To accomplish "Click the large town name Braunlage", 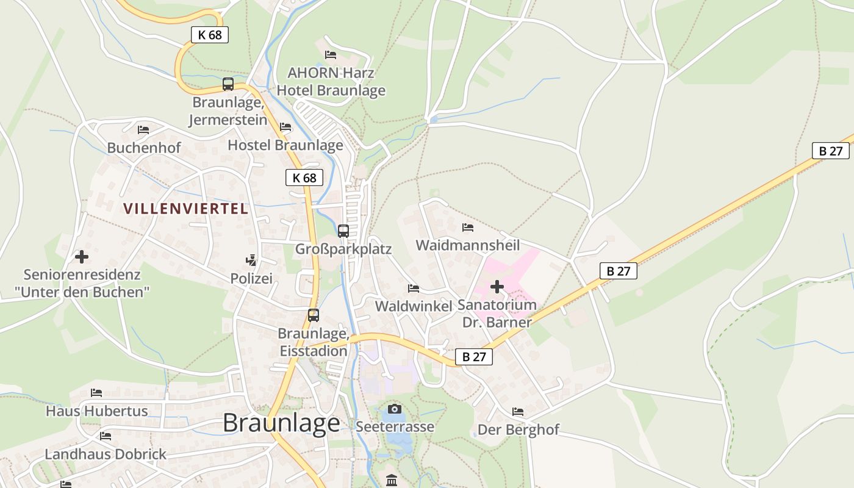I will tap(281, 423).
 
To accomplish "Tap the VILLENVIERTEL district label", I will tap(186, 209).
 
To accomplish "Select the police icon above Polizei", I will tap(251, 260).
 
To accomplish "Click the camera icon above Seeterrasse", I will tap(395, 409).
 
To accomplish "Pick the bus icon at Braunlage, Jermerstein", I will tap(228, 84).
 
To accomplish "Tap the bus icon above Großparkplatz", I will tap(343, 231).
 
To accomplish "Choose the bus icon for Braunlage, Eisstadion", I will tap(314, 315).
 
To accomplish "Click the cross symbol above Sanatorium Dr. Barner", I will tap(497, 286).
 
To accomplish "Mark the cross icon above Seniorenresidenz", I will tap(82, 257).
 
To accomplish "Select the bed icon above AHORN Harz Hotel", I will tap(331, 55).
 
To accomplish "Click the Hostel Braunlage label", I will tap(285, 145).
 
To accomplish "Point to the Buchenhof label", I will tap(144, 148).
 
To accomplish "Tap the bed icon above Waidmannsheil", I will tap(468, 228).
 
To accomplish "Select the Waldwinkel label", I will tap(414, 306).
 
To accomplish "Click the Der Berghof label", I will tap(518, 430).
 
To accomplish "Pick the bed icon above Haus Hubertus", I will tap(96, 393).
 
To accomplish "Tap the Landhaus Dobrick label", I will tap(106, 454).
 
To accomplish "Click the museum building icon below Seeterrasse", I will tap(392, 480).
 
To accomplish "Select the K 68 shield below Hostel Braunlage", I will tap(304, 178).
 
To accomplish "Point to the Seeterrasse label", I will tap(395, 426).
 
